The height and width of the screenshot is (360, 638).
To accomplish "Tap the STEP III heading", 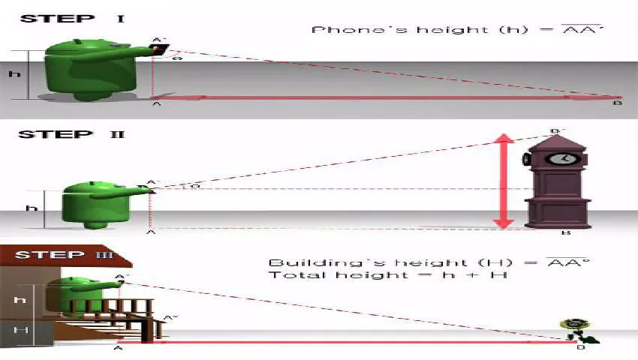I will click(65, 255).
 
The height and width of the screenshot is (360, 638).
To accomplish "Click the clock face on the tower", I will click(557, 159).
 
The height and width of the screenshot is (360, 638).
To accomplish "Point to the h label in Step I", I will click(13, 74).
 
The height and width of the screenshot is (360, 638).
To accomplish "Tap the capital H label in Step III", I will click(22, 330).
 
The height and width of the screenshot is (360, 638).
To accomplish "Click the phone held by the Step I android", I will click(159, 49).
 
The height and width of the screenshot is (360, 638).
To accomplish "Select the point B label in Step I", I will click(617, 103).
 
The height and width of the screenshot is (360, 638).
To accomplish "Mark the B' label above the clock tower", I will click(557, 130).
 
